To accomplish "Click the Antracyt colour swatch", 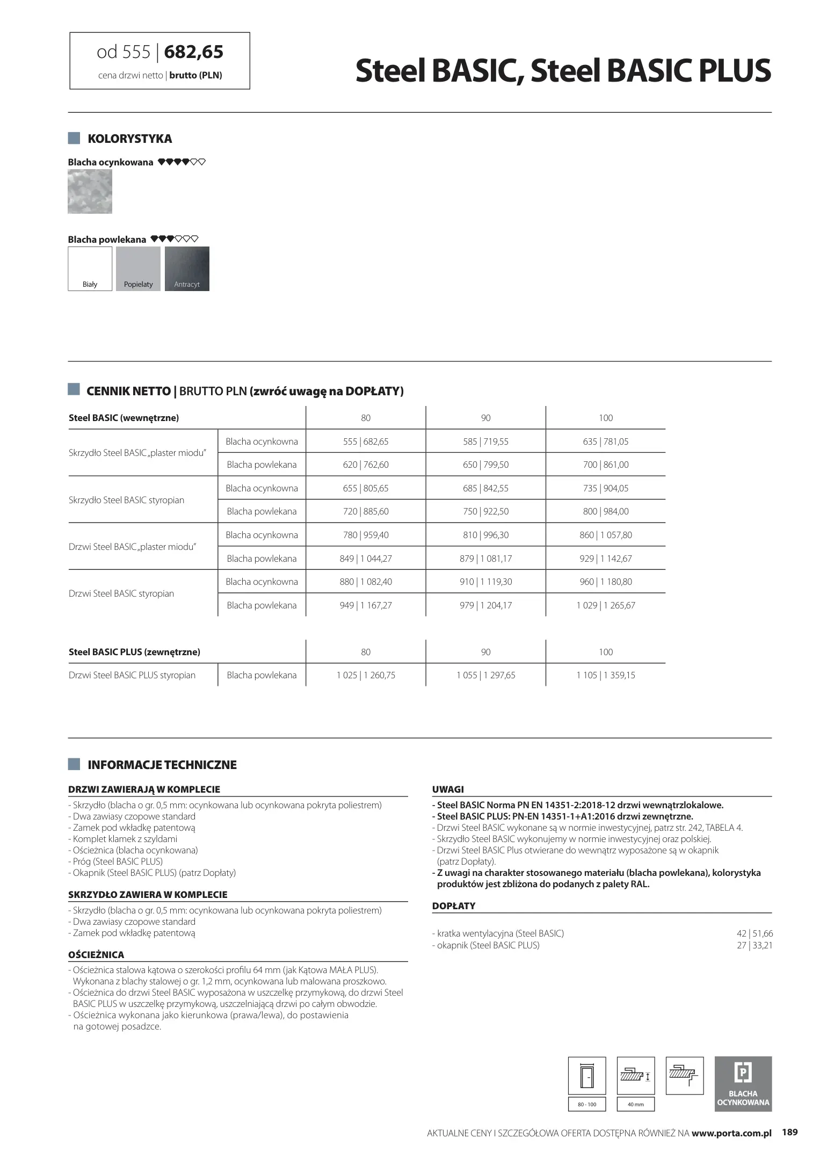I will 187,269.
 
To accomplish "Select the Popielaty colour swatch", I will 138,269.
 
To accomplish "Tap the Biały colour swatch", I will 90,269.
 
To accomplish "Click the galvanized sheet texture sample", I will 90,192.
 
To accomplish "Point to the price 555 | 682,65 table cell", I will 366,441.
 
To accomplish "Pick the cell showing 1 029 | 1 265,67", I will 606,605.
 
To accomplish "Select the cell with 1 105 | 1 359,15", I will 606,675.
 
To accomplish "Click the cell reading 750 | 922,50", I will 485,511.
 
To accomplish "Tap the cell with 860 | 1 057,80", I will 606,535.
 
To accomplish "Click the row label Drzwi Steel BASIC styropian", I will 121,593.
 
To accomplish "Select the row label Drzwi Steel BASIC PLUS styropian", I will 132,675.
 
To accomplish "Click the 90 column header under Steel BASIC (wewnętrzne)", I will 485,418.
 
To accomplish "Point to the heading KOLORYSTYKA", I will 129,139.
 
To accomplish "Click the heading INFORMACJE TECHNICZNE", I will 162,765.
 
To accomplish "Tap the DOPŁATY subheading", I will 454,906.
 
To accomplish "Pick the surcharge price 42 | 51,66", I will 754,933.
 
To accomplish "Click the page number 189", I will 789,1132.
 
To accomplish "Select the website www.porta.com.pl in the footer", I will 731,1133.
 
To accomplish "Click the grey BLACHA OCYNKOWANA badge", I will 743,1084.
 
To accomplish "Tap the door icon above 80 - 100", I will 587,1076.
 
